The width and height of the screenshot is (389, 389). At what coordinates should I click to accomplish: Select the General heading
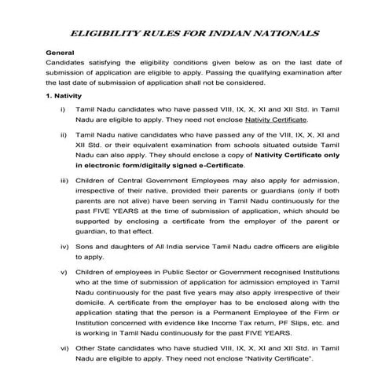pyautogui.click(x=60, y=52)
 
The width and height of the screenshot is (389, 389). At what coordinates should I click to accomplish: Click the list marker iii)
pyautogui.click(x=63, y=182)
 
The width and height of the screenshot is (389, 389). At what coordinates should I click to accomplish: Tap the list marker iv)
pyautogui.click(x=63, y=248)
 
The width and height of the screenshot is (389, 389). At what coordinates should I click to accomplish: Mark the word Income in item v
pyautogui.click(x=212, y=322)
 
